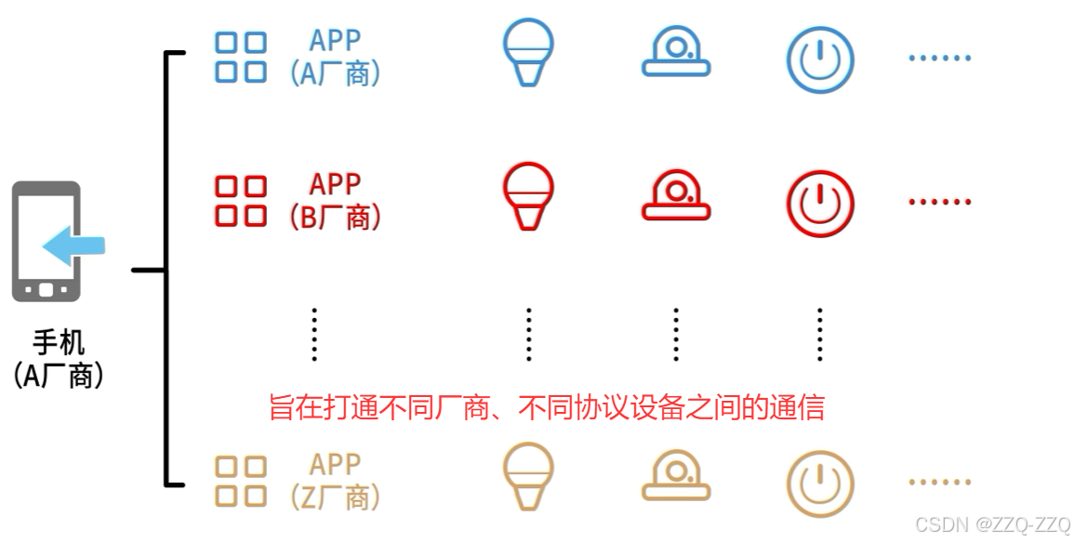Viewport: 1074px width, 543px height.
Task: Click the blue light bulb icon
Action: coord(527,53)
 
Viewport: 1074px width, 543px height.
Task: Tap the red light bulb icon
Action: coord(527,195)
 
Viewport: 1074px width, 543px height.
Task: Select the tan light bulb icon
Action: coord(527,475)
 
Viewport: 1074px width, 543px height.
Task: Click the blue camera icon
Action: coord(676,53)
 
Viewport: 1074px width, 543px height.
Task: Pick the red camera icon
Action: coord(676,196)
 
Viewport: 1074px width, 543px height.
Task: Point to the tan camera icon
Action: coord(676,476)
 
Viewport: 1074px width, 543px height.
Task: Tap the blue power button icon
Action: coord(820,59)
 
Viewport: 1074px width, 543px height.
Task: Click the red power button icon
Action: coord(820,203)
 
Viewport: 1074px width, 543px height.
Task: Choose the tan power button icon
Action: coord(820,483)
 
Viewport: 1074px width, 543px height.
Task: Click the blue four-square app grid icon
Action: coord(241,57)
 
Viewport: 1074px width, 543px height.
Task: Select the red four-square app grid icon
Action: coord(241,200)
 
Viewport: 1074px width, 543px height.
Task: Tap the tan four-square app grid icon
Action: coord(241,481)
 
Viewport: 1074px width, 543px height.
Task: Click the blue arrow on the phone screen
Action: coord(74,245)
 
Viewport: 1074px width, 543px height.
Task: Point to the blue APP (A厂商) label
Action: coord(335,57)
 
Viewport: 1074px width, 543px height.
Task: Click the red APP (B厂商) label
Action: coord(335,200)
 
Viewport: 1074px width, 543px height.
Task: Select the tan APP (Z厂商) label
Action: coord(335,481)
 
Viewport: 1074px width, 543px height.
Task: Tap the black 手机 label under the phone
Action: coord(59,343)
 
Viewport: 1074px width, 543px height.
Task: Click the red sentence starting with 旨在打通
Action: coord(546,407)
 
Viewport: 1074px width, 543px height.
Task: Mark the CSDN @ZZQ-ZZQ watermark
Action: coord(992,524)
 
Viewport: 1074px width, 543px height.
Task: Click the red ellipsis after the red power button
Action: coord(939,202)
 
